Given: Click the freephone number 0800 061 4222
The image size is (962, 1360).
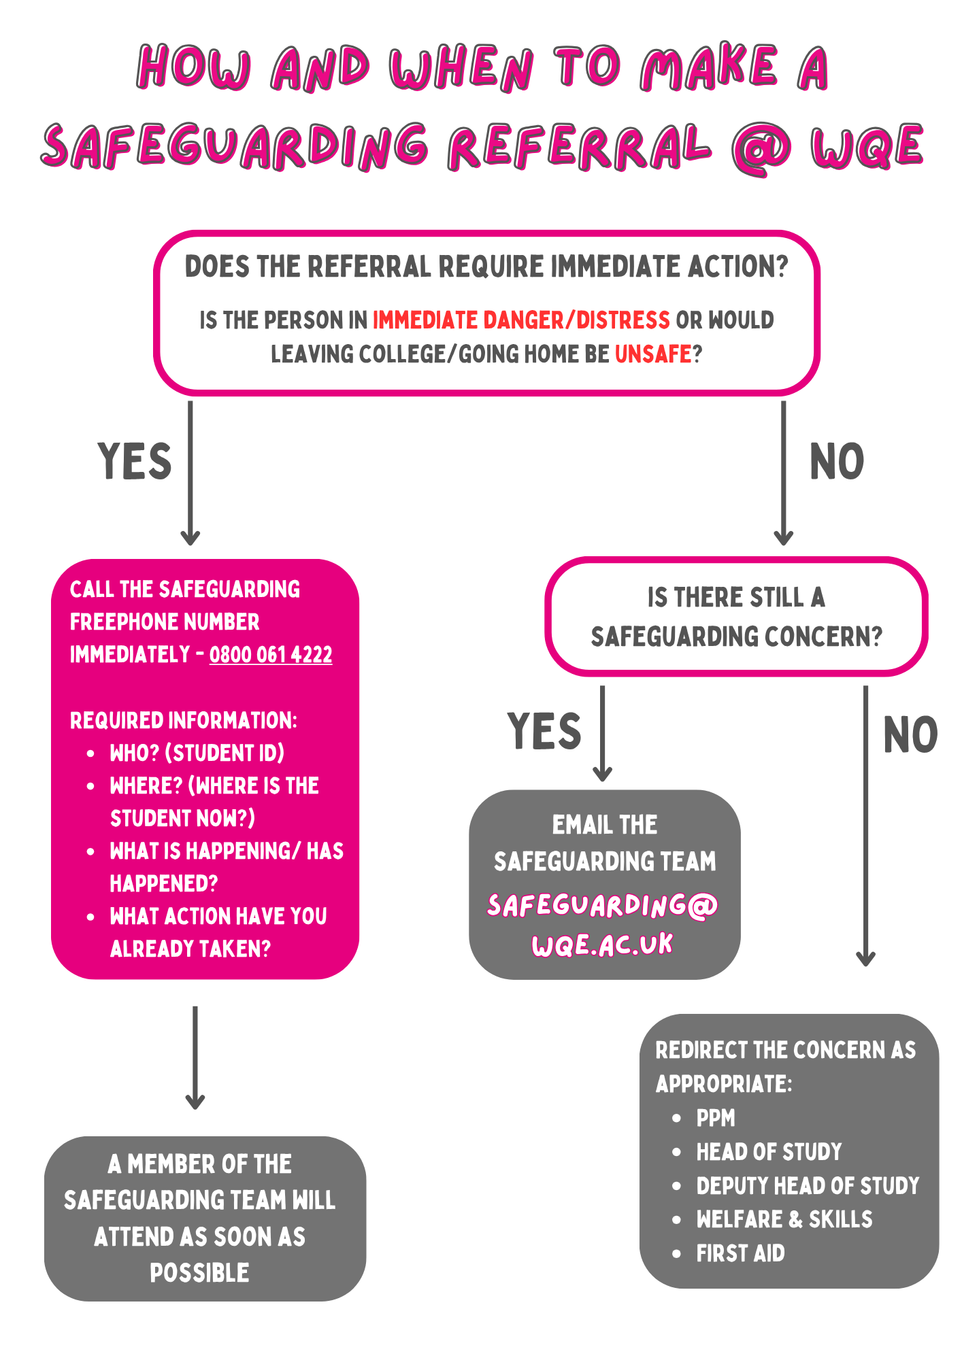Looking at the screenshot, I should [x=271, y=654].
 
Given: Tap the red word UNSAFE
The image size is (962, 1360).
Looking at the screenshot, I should [x=653, y=354].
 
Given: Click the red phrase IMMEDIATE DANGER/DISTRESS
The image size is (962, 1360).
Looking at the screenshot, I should [x=521, y=320].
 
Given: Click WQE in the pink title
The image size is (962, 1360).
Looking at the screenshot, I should [x=867, y=146].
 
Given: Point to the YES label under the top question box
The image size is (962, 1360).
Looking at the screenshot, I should [x=135, y=461].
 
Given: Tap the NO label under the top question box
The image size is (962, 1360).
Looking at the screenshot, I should [x=837, y=462].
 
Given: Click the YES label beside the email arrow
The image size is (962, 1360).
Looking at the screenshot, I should [x=544, y=731].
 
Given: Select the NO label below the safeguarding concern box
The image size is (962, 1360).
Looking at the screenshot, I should [x=910, y=734].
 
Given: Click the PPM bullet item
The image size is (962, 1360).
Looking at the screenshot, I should [x=716, y=1118].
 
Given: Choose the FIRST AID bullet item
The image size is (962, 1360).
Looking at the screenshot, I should [x=740, y=1253].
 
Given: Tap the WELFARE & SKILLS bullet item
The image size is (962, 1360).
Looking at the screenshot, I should [x=784, y=1219].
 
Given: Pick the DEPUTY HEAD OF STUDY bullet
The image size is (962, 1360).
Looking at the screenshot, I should [x=808, y=1185].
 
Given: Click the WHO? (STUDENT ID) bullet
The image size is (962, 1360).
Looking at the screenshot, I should [x=197, y=753].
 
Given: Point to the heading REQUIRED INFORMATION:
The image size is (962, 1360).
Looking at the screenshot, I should [x=184, y=720].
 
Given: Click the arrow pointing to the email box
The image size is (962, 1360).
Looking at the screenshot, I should [x=602, y=734].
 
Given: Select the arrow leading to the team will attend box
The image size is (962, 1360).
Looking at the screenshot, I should [x=195, y=1057].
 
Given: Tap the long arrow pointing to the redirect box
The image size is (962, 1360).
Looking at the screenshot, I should [x=865, y=826].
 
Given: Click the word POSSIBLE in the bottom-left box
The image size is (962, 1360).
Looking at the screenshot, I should [x=199, y=1272].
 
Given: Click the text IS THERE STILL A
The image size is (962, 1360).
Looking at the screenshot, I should [x=736, y=598].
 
